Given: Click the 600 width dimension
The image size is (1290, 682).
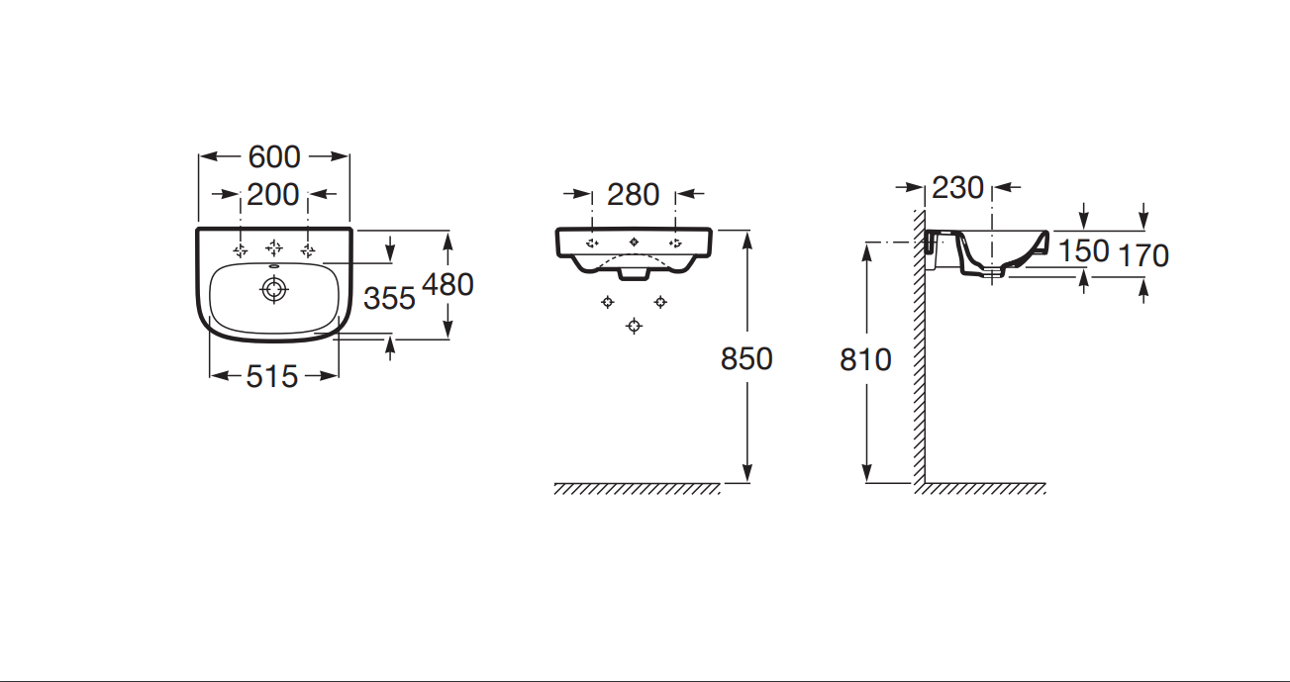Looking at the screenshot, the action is pos(274,156).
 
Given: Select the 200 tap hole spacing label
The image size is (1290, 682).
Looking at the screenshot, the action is pos(273,195).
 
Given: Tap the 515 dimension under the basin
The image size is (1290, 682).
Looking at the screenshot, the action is pos(272,377).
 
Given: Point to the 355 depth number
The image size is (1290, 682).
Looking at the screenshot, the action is pos(389,298).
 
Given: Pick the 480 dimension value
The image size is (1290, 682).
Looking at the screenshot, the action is pos(448,284).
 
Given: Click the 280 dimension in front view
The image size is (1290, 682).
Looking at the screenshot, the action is pos(633,195).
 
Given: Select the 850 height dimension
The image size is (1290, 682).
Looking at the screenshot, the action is pos(746,359).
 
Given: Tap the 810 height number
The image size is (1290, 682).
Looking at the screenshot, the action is pos(865,360).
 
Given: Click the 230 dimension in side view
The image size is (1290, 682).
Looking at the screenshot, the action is pos(957,188).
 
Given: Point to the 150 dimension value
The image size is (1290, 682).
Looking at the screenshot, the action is pos(1084,251).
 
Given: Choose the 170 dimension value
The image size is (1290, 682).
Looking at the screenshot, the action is pos(1143,255).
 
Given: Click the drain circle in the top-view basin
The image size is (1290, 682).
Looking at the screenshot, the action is pos(274,289).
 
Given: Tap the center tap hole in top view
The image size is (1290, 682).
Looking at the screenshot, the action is pos(274,248).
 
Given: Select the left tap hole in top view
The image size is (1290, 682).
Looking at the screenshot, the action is pos(241,250).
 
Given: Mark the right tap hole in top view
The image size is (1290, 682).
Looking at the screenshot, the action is pos(308,250).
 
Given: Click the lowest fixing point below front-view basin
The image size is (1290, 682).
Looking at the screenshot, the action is pos(634,326).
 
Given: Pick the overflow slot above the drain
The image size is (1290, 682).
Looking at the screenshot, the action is pos(274,266).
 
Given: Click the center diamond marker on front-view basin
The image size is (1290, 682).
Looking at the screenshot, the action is pos(634,242).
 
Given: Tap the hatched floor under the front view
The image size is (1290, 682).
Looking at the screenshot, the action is pos(637,488).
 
